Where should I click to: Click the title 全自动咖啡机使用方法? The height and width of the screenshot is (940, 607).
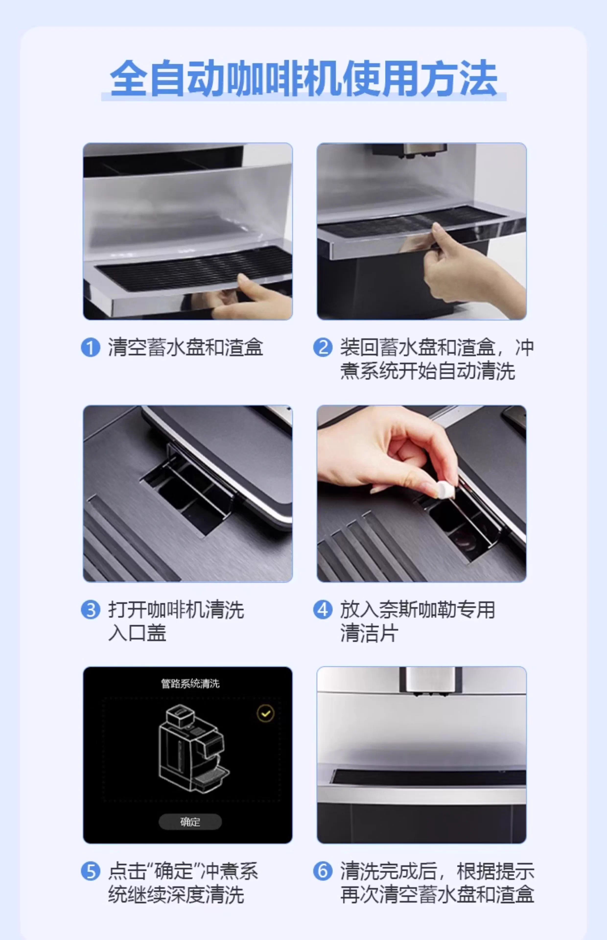(303, 78)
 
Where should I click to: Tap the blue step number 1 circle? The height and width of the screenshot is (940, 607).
(90, 348)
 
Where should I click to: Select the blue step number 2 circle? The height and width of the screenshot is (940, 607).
(322, 348)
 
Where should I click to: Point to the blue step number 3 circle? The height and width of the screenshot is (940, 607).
(90, 610)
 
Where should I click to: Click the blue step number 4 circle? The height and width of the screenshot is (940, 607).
(322, 610)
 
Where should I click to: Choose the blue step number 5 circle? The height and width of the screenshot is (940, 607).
(90, 871)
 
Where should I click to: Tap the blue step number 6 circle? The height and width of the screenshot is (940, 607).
(322, 871)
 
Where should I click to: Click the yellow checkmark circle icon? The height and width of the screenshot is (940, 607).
(266, 713)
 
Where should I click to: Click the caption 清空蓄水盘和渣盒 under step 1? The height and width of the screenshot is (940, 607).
(185, 348)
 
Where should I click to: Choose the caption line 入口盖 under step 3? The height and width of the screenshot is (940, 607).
(137, 633)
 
